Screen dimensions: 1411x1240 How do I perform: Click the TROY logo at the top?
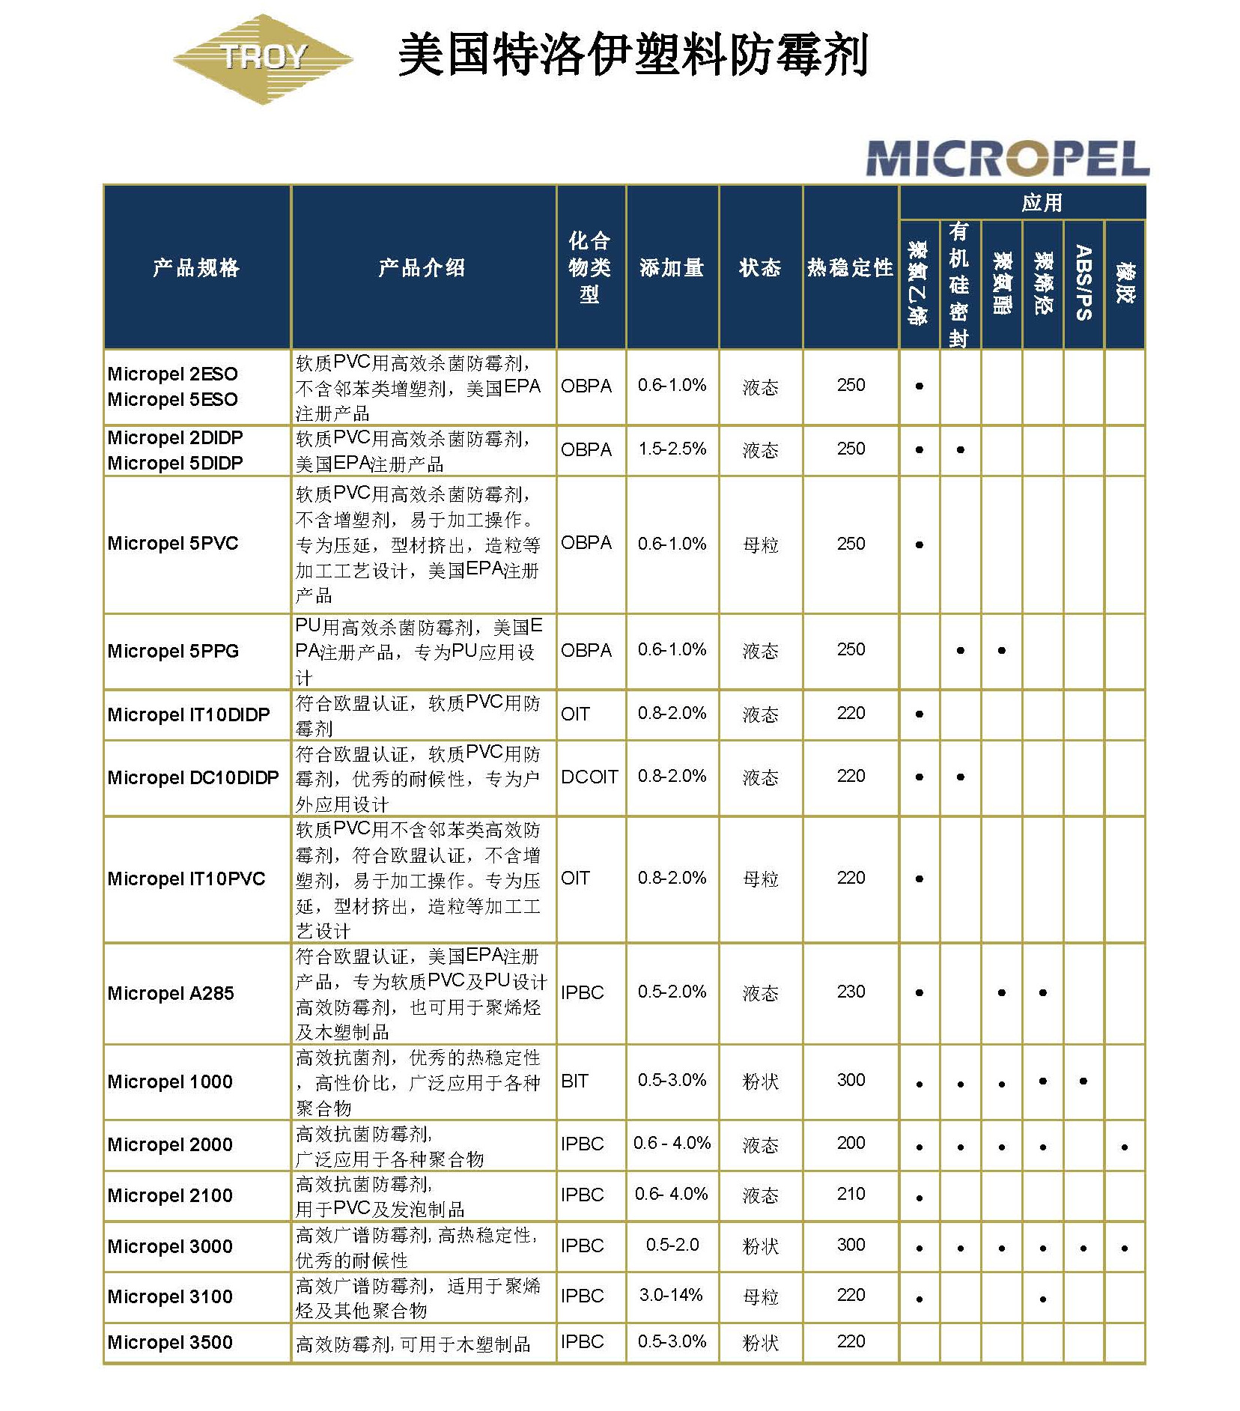coord(262,58)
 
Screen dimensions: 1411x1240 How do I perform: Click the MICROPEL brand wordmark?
coord(1006,159)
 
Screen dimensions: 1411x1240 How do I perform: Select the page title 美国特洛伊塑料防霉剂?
coord(633,55)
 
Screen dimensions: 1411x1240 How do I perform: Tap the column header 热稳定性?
coord(850,267)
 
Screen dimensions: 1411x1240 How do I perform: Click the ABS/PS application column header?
coord(1084,283)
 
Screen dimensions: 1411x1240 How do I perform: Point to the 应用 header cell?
coord(1042,202)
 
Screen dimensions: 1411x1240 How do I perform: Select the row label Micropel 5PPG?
coord(173,651)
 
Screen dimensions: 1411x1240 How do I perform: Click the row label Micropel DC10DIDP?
coord(193,777)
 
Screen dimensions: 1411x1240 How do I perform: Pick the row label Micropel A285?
coord(171,993)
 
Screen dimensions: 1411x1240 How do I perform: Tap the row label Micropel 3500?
coord(170,1342)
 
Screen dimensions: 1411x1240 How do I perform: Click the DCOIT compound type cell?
coord(589,777)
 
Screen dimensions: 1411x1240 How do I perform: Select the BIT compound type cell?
coord(574,1081)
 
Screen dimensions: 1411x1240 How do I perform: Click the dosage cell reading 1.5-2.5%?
coord(672,449)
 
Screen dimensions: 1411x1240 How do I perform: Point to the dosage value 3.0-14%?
coord(671,1295)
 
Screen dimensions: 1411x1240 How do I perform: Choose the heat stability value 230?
coord(851,992)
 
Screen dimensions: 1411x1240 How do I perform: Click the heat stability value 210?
coord(851,1194)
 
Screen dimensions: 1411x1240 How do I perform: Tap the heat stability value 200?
coord(851,1143)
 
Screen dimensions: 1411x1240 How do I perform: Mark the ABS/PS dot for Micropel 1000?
coord(1084,1081)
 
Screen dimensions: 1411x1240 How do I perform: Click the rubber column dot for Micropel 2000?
coord(1125,1147)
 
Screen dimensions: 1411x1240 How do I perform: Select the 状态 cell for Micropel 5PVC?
coord(760,544)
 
